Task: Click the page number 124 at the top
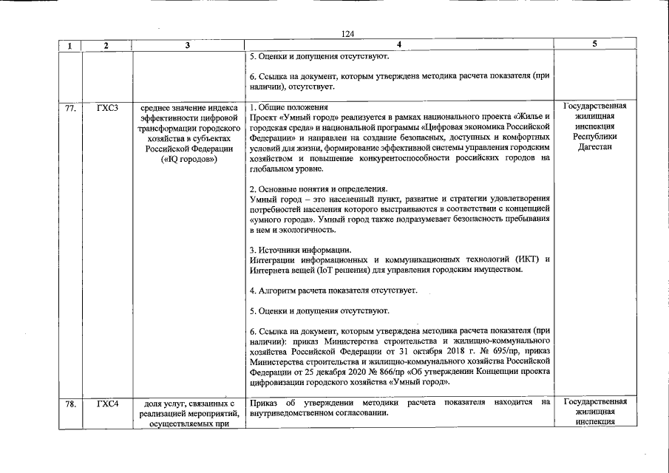tap(348, 33)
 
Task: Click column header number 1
tap(69, 45)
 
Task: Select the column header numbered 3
tap(188, 45)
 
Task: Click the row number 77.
tap(70, 109)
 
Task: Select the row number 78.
tap(70, 404)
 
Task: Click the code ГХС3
tap(107, 109)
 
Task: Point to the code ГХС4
tap(107, 404)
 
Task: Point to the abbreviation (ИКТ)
tap(526, 259)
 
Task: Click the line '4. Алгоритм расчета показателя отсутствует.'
tap(333, 290)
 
